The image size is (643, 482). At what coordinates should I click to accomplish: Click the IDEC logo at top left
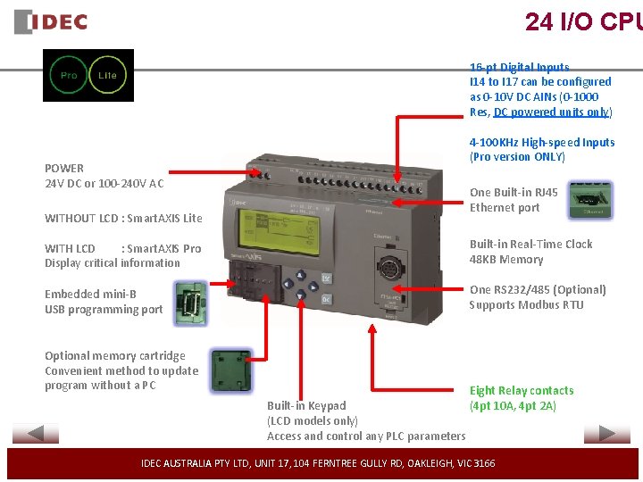(51, 21)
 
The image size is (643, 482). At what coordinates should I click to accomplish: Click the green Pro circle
(69, 76)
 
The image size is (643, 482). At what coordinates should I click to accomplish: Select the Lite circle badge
(107, 76)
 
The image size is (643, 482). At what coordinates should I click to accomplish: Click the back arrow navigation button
(36, 434)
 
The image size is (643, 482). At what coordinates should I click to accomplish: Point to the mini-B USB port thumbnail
(190, 299)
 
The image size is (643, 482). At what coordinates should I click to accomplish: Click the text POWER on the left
(64, 168)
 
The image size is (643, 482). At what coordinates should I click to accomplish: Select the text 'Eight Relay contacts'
(522, 390)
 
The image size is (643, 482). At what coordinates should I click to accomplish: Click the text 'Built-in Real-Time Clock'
(530, 244)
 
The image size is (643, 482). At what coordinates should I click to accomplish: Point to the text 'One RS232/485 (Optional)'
(538, 289)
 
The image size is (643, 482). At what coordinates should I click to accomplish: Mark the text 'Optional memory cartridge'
(115, 355)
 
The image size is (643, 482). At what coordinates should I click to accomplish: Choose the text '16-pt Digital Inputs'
(519, 67)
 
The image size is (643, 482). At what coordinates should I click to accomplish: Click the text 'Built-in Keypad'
(306, 405)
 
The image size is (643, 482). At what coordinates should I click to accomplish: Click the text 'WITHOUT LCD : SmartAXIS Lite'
(123, 218)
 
